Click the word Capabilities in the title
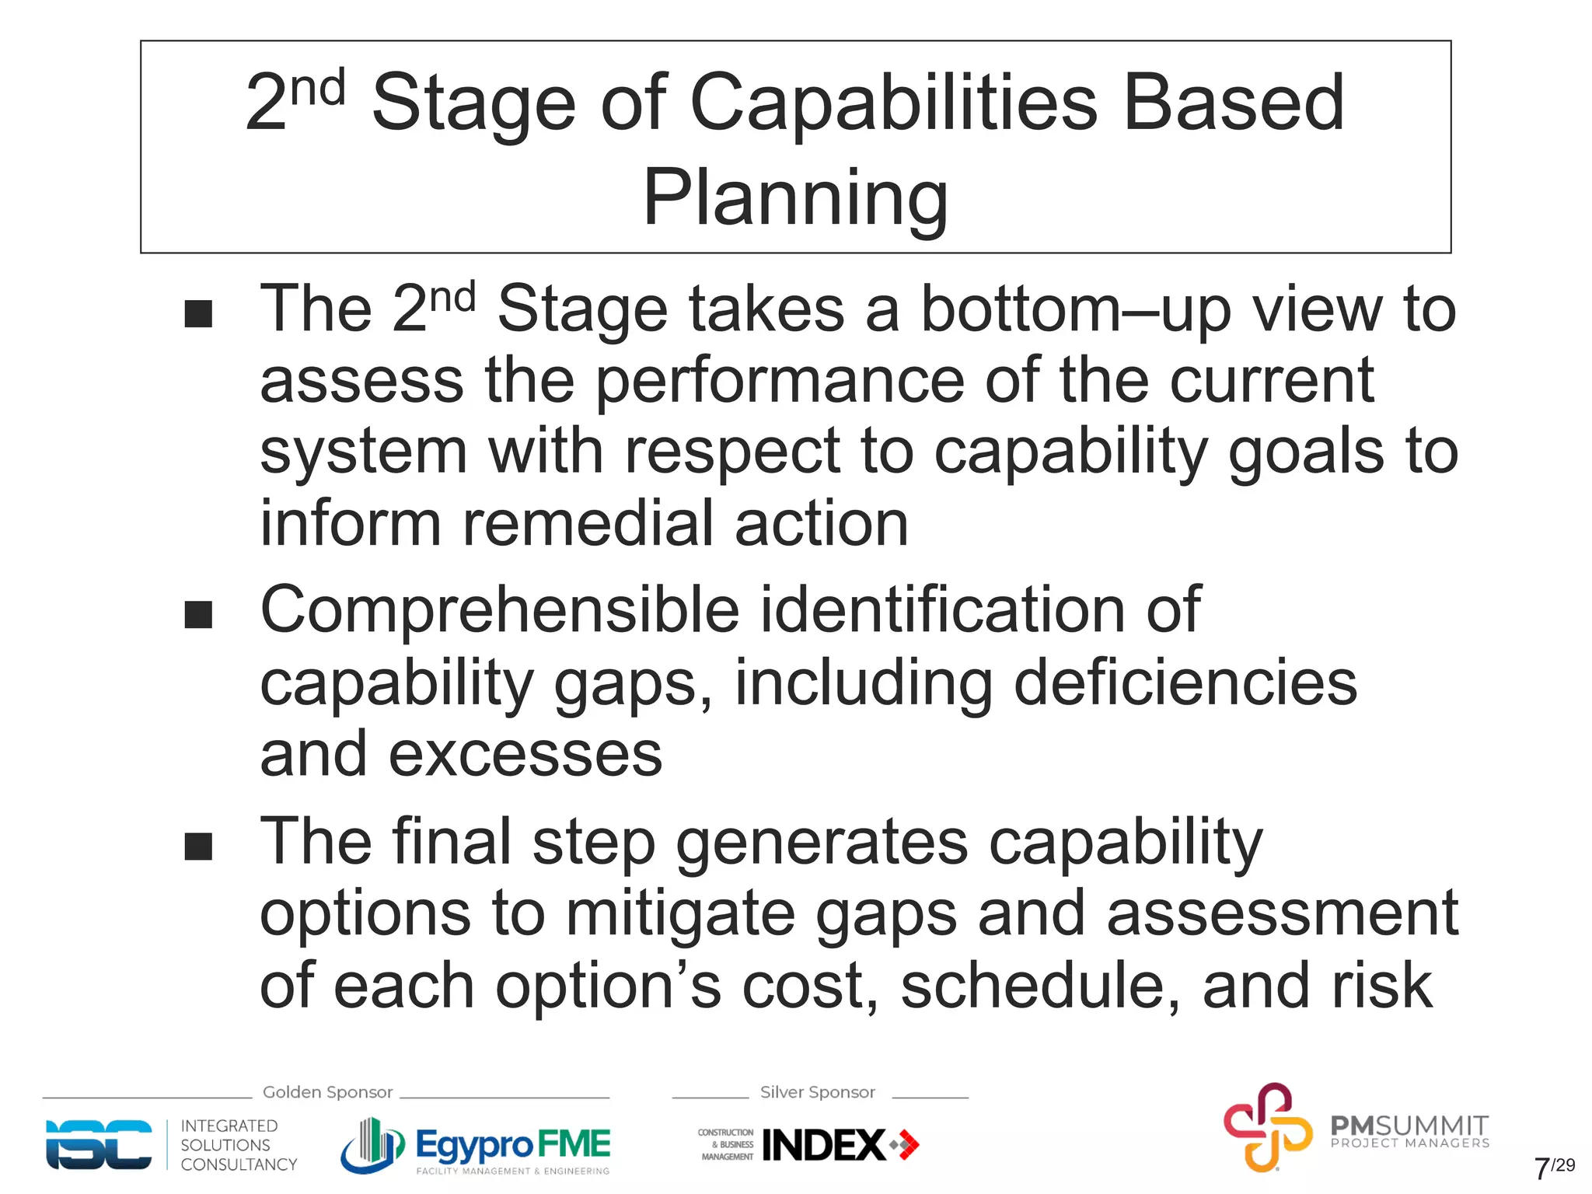point(893,103)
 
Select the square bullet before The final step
point(198,846)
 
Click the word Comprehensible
point(499,610)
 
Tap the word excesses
point(525,755)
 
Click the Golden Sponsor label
point(327,1092)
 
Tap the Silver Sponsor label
point(817,1092)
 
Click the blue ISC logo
point(99,1144)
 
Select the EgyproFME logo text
point(513,1144)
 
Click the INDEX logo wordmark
point(824,1145)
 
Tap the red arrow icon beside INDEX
point(906,1144)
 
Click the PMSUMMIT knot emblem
point(1267,1127)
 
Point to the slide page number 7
point(1541,1168)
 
